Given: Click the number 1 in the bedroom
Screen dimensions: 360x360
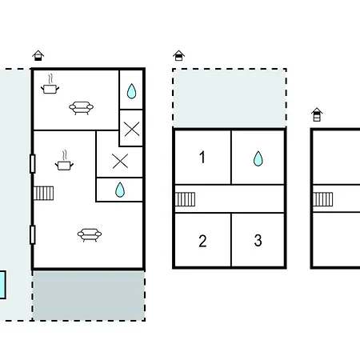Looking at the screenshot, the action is point(202,157).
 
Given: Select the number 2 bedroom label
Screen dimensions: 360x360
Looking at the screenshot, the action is point(202,241).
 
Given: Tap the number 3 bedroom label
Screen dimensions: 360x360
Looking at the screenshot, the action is point(258,240).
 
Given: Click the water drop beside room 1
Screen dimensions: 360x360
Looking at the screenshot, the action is point(258,158).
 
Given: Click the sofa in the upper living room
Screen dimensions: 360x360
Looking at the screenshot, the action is point(81,108).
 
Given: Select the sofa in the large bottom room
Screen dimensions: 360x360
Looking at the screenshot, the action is point(90,235).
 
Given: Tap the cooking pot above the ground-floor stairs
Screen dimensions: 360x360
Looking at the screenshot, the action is point(64,161).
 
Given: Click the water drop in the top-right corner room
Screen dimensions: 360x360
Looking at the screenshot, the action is point(131,91).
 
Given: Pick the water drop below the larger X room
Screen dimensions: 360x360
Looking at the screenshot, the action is point(120,190).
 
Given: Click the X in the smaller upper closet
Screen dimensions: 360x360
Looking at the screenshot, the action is point(132,129).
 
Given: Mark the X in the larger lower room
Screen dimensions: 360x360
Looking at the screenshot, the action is point(120,161).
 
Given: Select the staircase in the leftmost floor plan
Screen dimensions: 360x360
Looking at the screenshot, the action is point(44,194).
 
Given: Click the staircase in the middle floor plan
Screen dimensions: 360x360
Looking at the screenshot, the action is point(185,199).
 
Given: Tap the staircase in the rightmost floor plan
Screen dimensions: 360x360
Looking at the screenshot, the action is point(322,199).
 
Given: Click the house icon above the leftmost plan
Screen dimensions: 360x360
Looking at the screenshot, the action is point(38,55).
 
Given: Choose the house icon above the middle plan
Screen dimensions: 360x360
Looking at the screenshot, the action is point(178,55).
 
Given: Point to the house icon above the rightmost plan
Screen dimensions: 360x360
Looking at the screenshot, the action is point(317,114).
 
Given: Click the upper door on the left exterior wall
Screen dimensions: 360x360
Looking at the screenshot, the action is point(33,164).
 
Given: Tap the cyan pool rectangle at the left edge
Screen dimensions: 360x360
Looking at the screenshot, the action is point(2,285).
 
